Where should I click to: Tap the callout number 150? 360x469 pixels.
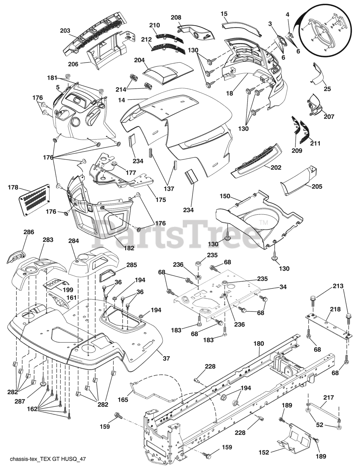click(225, 196)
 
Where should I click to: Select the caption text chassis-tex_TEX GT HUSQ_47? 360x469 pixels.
click(49, 459)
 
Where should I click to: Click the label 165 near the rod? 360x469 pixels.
click(123, 400)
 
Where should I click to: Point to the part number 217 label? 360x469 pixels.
click(329, 397)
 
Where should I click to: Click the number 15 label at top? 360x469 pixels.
click(224, 14)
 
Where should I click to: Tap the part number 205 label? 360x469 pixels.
click(317, 187)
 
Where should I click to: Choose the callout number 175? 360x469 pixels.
click(160, 200)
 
